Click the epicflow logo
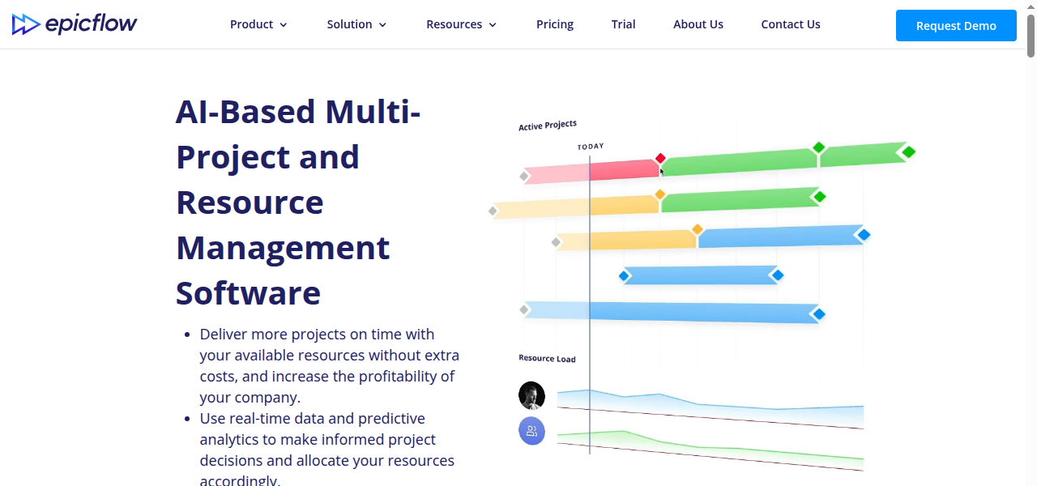point(75,24)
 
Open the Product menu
point(258,24)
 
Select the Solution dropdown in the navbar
point(356,24)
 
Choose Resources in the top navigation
point(461,24)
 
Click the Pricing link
point(555,24)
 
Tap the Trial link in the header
point(623,24)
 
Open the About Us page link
point(698,24)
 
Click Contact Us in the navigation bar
point(790,24)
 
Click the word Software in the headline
point(248,292)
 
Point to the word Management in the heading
point(283,247)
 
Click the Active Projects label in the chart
point(548,125)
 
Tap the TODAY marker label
point(591,147)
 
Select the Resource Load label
point(547,358)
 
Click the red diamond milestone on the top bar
point(660,158)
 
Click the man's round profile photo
point(531,395)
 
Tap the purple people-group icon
point(531,431)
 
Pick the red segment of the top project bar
point(624,169)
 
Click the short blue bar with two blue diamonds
point(701,275)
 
